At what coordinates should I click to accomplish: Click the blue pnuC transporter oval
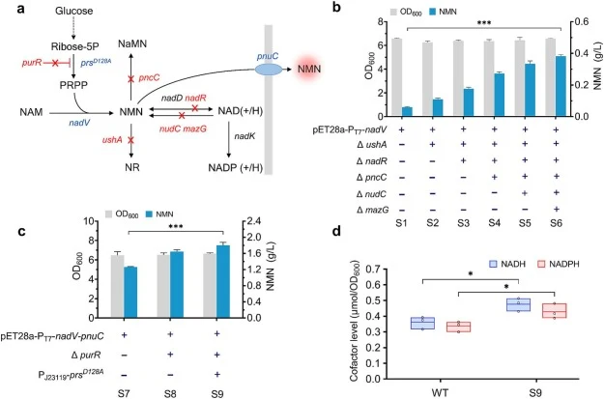(269, 70)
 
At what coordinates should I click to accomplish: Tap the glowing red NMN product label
(309, 70)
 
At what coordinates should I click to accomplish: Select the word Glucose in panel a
(73, 11)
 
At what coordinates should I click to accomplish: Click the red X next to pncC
(131, 79)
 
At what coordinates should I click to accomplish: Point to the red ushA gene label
(112, 140)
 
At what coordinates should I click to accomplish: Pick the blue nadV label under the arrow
(79, 123)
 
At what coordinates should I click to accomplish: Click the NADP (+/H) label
(236, 168)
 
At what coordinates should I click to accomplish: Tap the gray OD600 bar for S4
(489, 78)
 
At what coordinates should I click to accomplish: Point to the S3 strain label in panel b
(464, 223)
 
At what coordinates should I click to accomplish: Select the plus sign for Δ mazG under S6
(556, 209)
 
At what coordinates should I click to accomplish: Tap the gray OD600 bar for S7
(118, 287)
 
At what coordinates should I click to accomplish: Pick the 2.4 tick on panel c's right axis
(253, 221)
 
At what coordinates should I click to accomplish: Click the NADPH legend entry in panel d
(559, 264)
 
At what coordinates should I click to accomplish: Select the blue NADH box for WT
(422, 323)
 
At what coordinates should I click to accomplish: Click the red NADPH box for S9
(555, 311)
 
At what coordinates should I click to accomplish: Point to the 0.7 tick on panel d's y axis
(372, 269)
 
